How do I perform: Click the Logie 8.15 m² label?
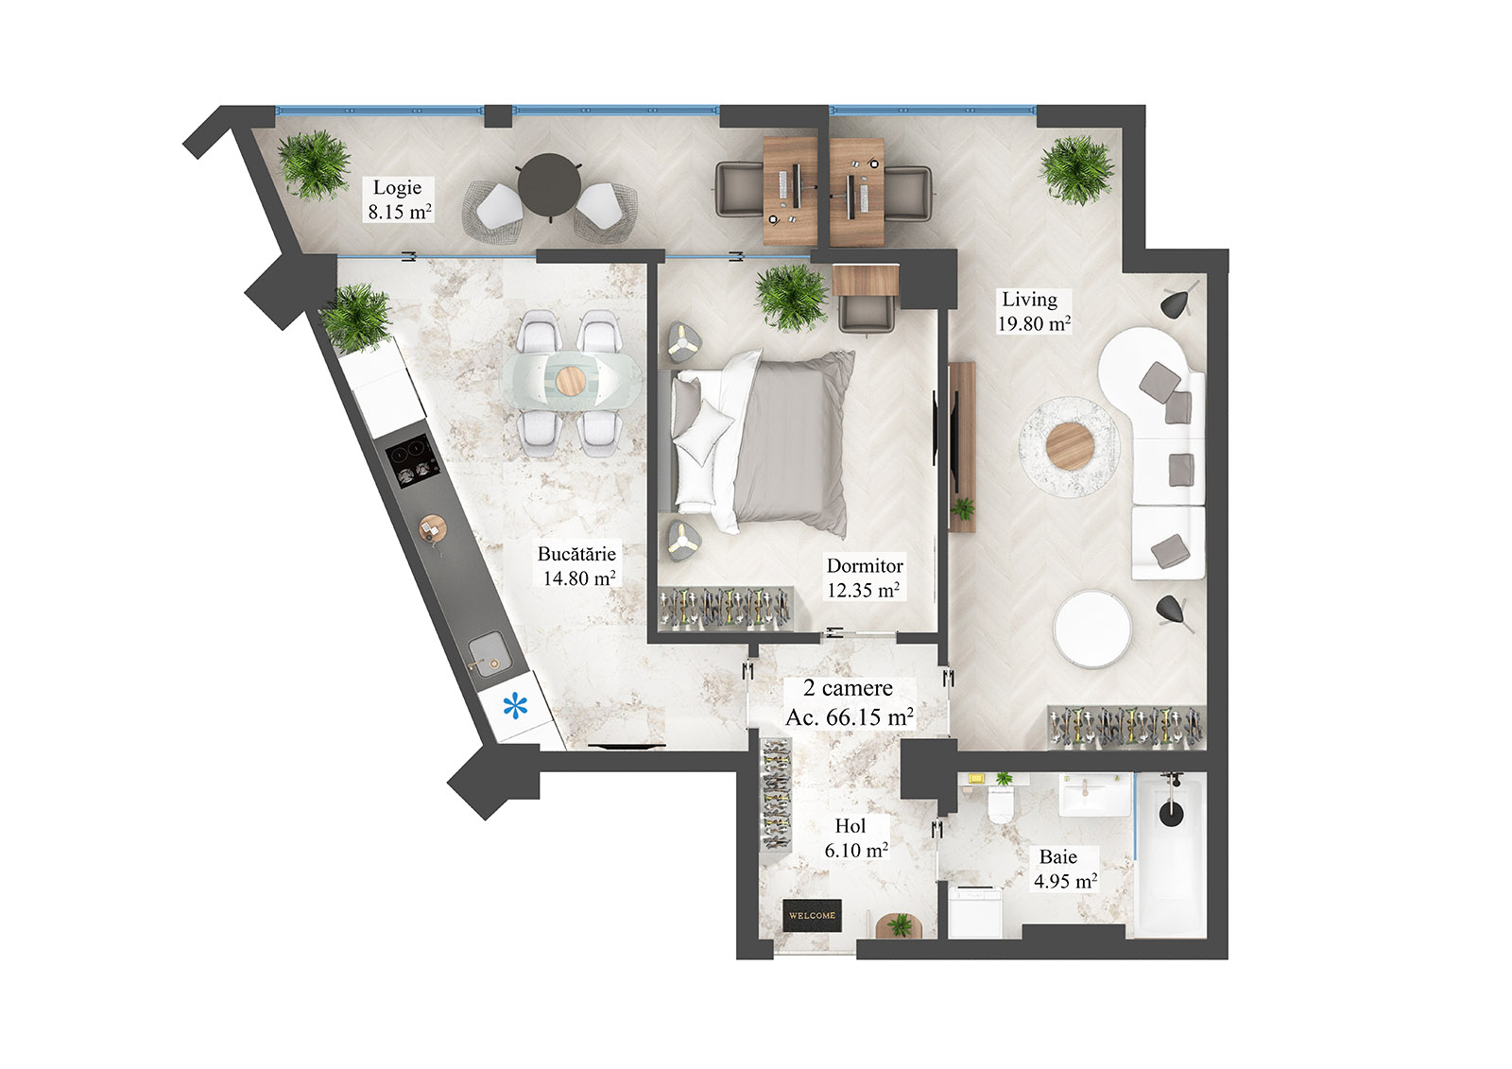point(399,199)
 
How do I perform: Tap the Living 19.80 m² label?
point(1034,311)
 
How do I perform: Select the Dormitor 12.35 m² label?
point(864,578)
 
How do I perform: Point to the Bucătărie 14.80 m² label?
point(577,566)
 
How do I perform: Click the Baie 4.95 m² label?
point(1064,869)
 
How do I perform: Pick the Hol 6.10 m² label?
point(855,838)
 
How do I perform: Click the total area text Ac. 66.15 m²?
point(849,717)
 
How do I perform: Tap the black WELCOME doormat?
point(812,915)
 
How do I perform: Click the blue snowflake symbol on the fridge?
point(515,705)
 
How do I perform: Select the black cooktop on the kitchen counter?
point(413,462)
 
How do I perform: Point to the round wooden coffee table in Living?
point(1070,444)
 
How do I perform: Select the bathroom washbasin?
point(1094,795)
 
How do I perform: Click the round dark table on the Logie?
point(548,184)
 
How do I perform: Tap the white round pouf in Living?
point(1092,629)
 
